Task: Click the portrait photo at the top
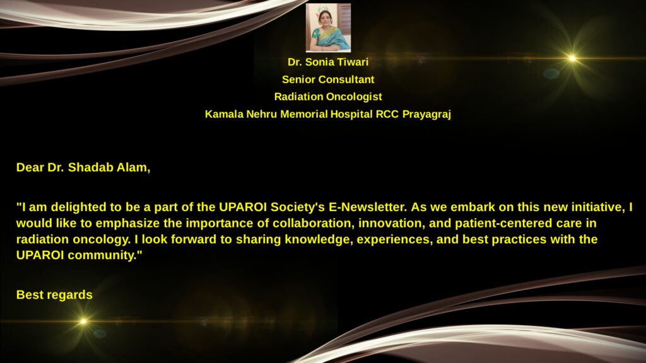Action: click(x=328, y=28)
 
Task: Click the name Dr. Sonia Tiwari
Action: click(x=328, y=62)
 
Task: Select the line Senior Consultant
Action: click(x=328, y=79)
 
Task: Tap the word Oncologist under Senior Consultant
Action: click(x=354, y=96)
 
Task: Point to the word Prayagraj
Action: click(x=426, y=114)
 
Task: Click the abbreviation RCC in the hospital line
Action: click(x=387, y=114)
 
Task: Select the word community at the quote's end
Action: click(x=105, y=255)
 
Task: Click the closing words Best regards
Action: click(x=54, y=295)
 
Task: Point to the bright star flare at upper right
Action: click(x=572, y=59)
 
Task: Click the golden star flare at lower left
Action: click(x=83, y=321)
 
